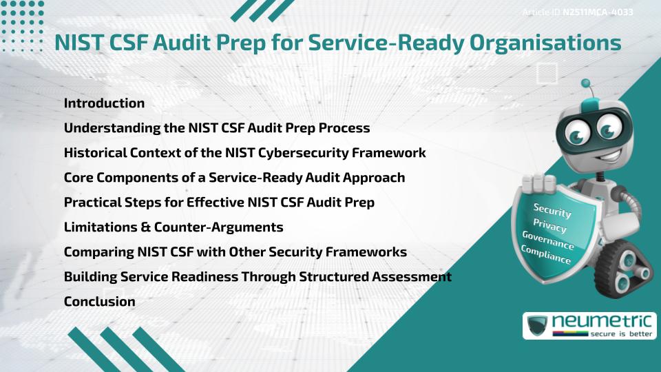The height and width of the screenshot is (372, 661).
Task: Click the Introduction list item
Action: [104, 103]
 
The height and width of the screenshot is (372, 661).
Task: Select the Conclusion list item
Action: [99, 301]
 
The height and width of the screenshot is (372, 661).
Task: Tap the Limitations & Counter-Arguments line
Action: [174, 227]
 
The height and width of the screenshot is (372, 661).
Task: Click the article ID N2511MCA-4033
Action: [598, 12]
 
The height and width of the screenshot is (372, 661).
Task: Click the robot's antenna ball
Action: [587, 84]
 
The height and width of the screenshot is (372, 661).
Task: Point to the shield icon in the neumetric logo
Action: [537, 326]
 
